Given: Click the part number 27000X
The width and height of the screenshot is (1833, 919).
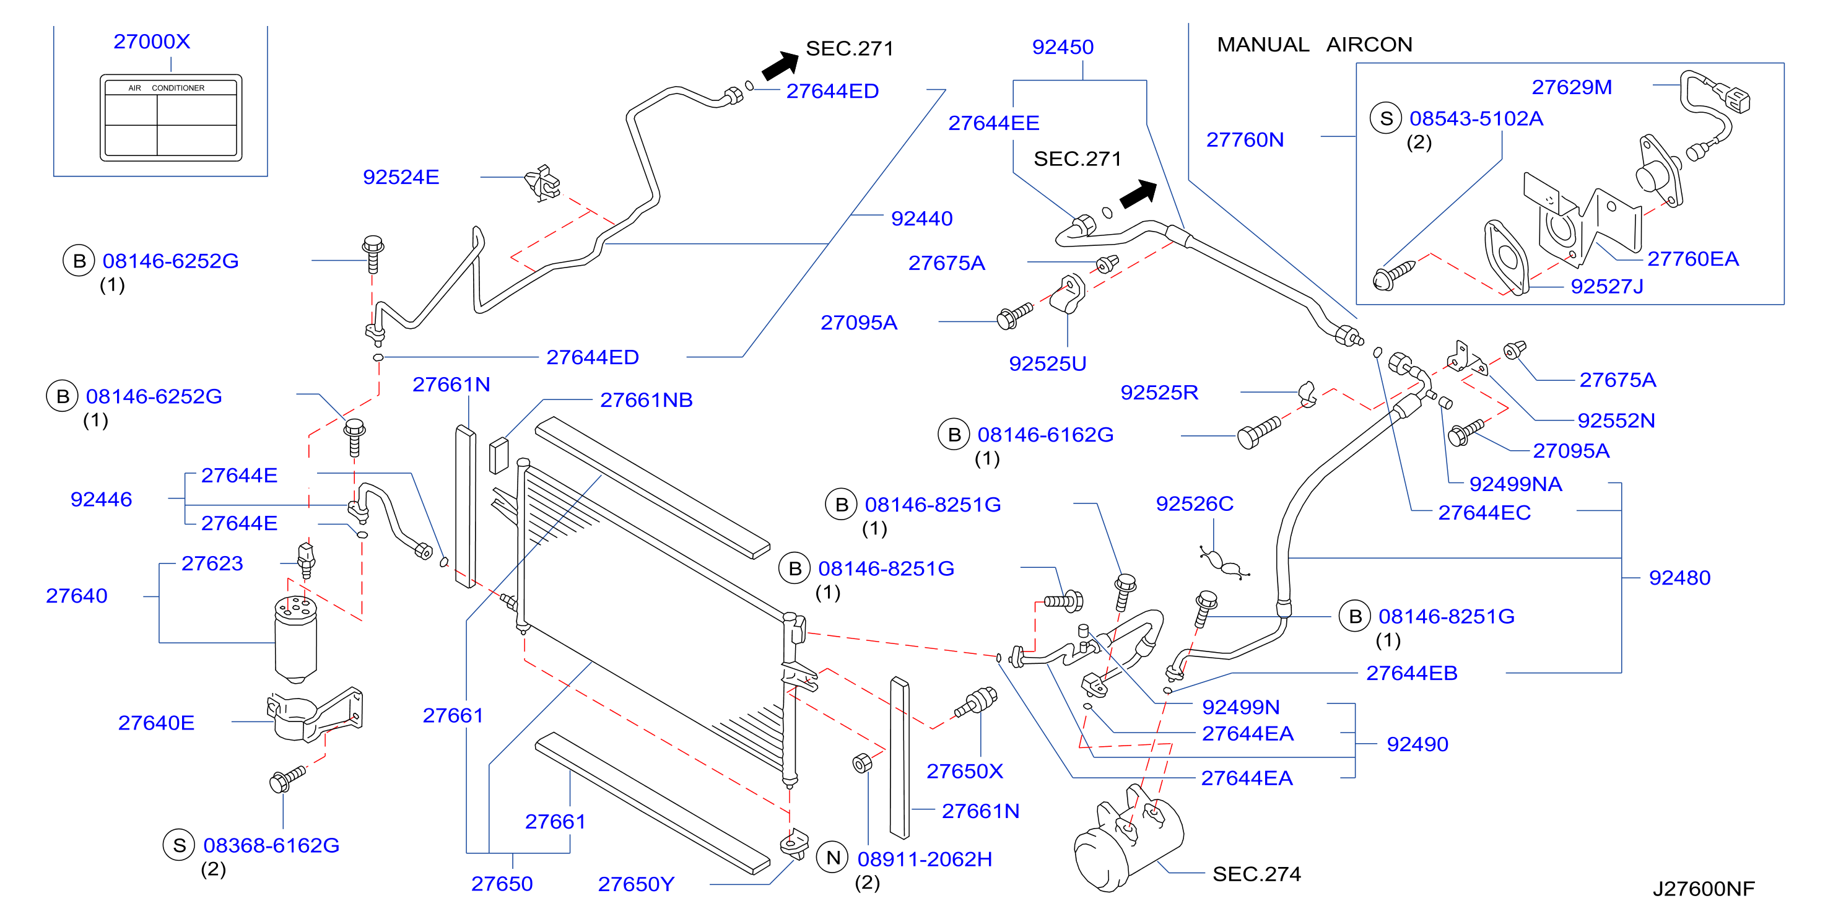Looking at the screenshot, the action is (152, 41).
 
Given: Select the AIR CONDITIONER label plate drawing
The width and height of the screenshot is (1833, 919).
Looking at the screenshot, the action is (171, 118).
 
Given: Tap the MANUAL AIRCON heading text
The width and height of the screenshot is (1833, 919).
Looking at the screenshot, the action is (1314, 44).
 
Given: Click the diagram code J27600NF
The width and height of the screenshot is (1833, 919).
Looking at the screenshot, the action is (1703, 889).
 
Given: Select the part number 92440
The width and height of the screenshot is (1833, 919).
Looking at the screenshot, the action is (921, 219).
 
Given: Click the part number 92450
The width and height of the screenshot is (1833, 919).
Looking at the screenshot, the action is (1063, 47).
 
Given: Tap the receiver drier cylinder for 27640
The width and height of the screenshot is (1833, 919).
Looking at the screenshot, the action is (295, 639).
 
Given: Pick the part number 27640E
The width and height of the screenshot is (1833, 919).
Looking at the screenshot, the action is (156, 723).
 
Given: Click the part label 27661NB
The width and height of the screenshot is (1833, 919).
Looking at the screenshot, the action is (646, 400).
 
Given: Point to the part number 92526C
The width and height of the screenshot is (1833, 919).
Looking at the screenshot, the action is (1194, 503).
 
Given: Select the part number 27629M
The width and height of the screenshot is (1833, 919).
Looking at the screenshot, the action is (1571, 87).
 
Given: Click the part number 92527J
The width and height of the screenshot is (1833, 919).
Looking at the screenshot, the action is (1607, 286).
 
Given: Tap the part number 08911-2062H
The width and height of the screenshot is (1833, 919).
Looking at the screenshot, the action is (925, 858).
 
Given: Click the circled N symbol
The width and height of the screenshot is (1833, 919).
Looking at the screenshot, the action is (834, 858).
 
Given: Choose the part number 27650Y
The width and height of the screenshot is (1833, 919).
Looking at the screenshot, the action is (635, 884).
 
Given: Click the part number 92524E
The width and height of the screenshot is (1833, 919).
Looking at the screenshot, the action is (401, 176).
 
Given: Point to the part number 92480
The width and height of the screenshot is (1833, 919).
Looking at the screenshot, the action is (1679, 577).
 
